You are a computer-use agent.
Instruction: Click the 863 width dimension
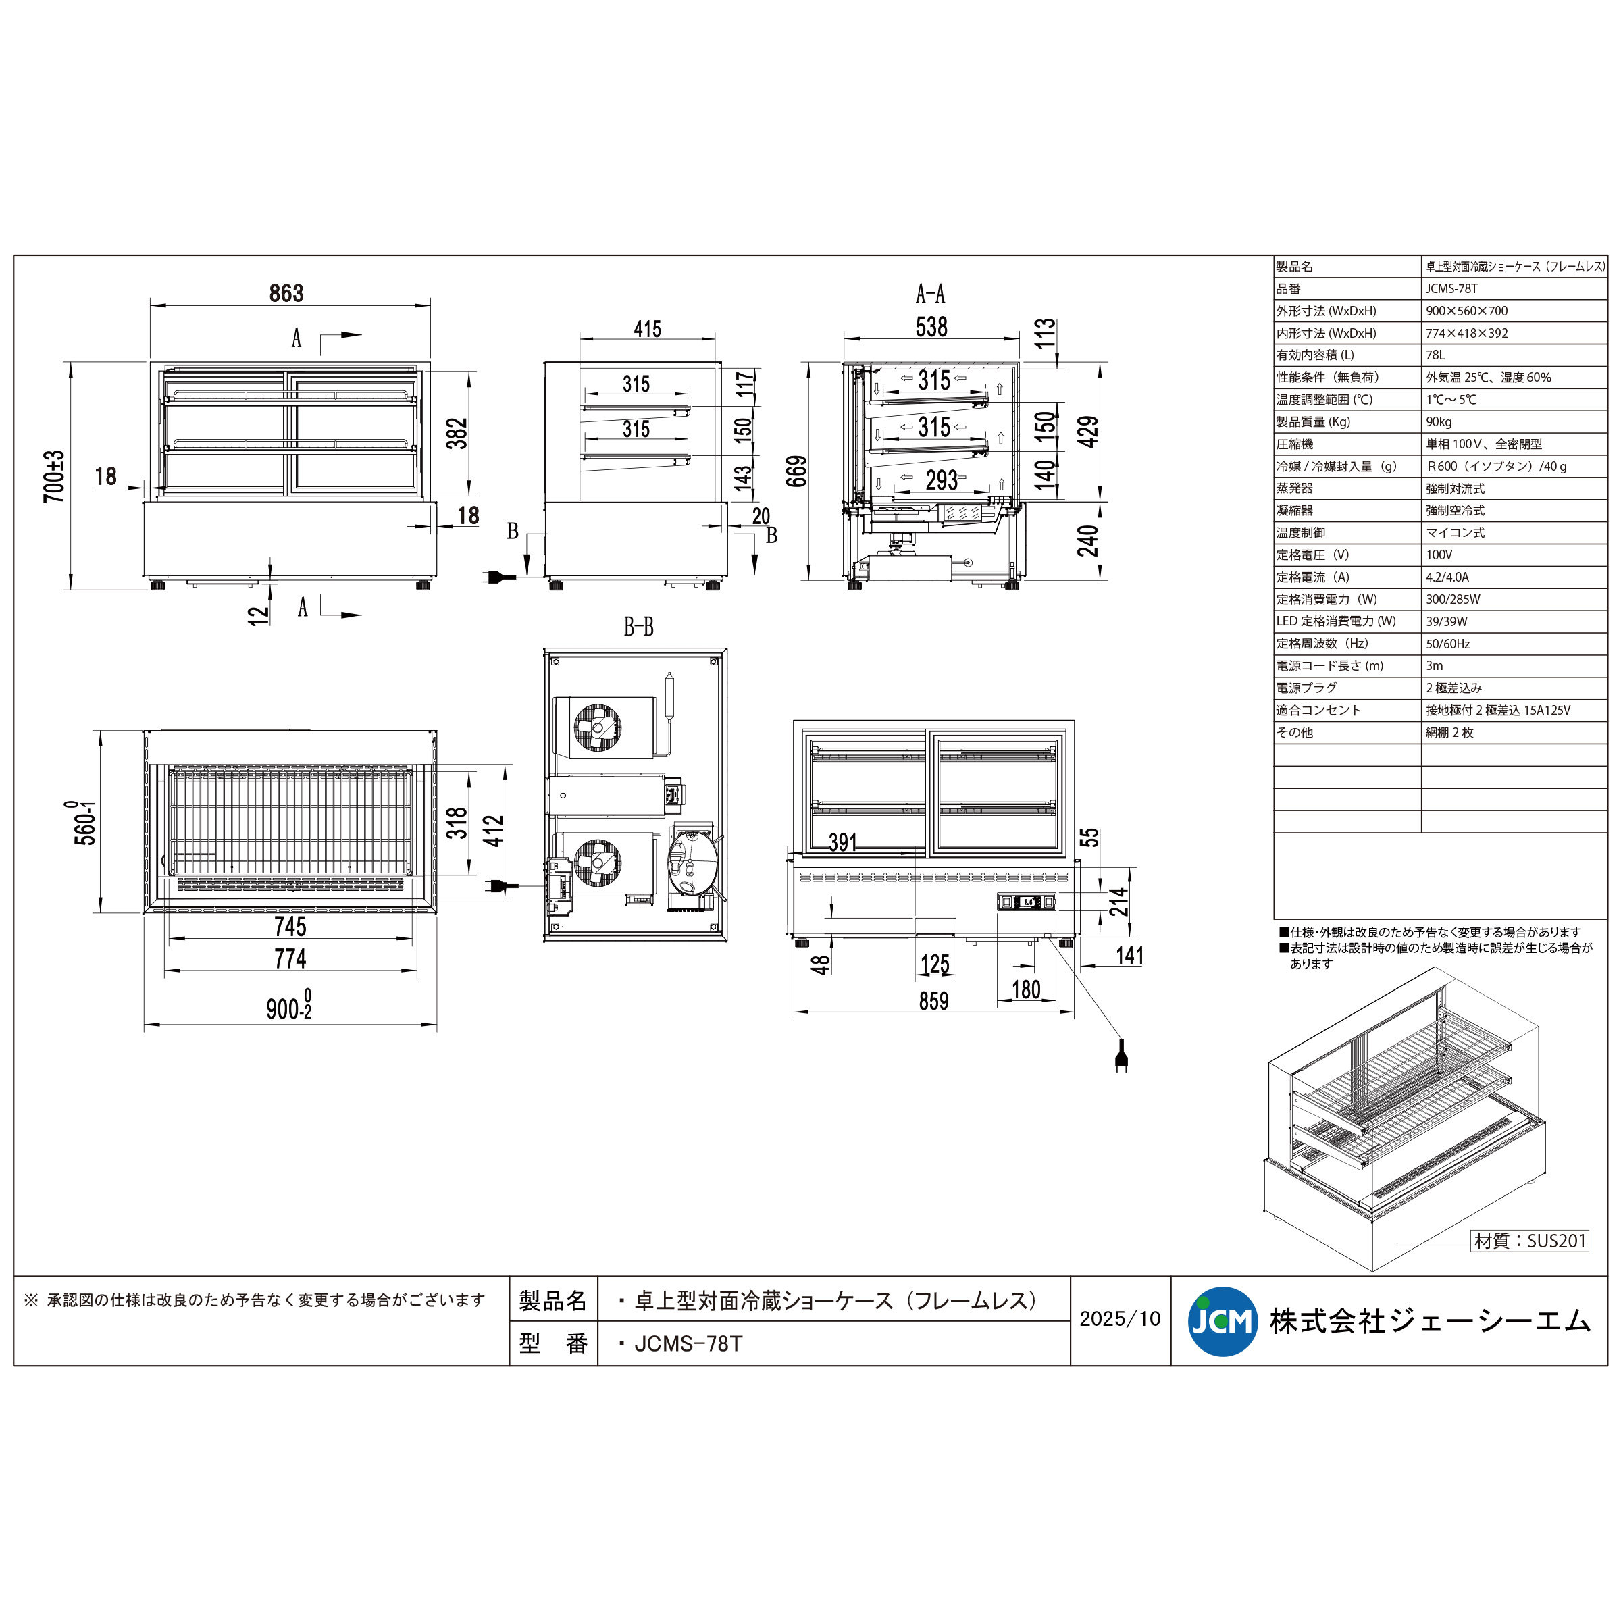tap(286, 293)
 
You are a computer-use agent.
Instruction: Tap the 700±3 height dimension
tap(55, 477)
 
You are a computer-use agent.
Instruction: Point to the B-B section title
tap(638, 627)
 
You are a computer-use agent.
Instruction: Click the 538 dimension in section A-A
tap(931, 326)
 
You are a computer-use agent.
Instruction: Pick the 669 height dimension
tap(796, 471)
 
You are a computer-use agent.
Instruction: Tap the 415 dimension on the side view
tap(647, 329)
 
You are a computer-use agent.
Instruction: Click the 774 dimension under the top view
tap(290, 958)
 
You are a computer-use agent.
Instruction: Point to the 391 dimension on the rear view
tap(842, 842)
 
